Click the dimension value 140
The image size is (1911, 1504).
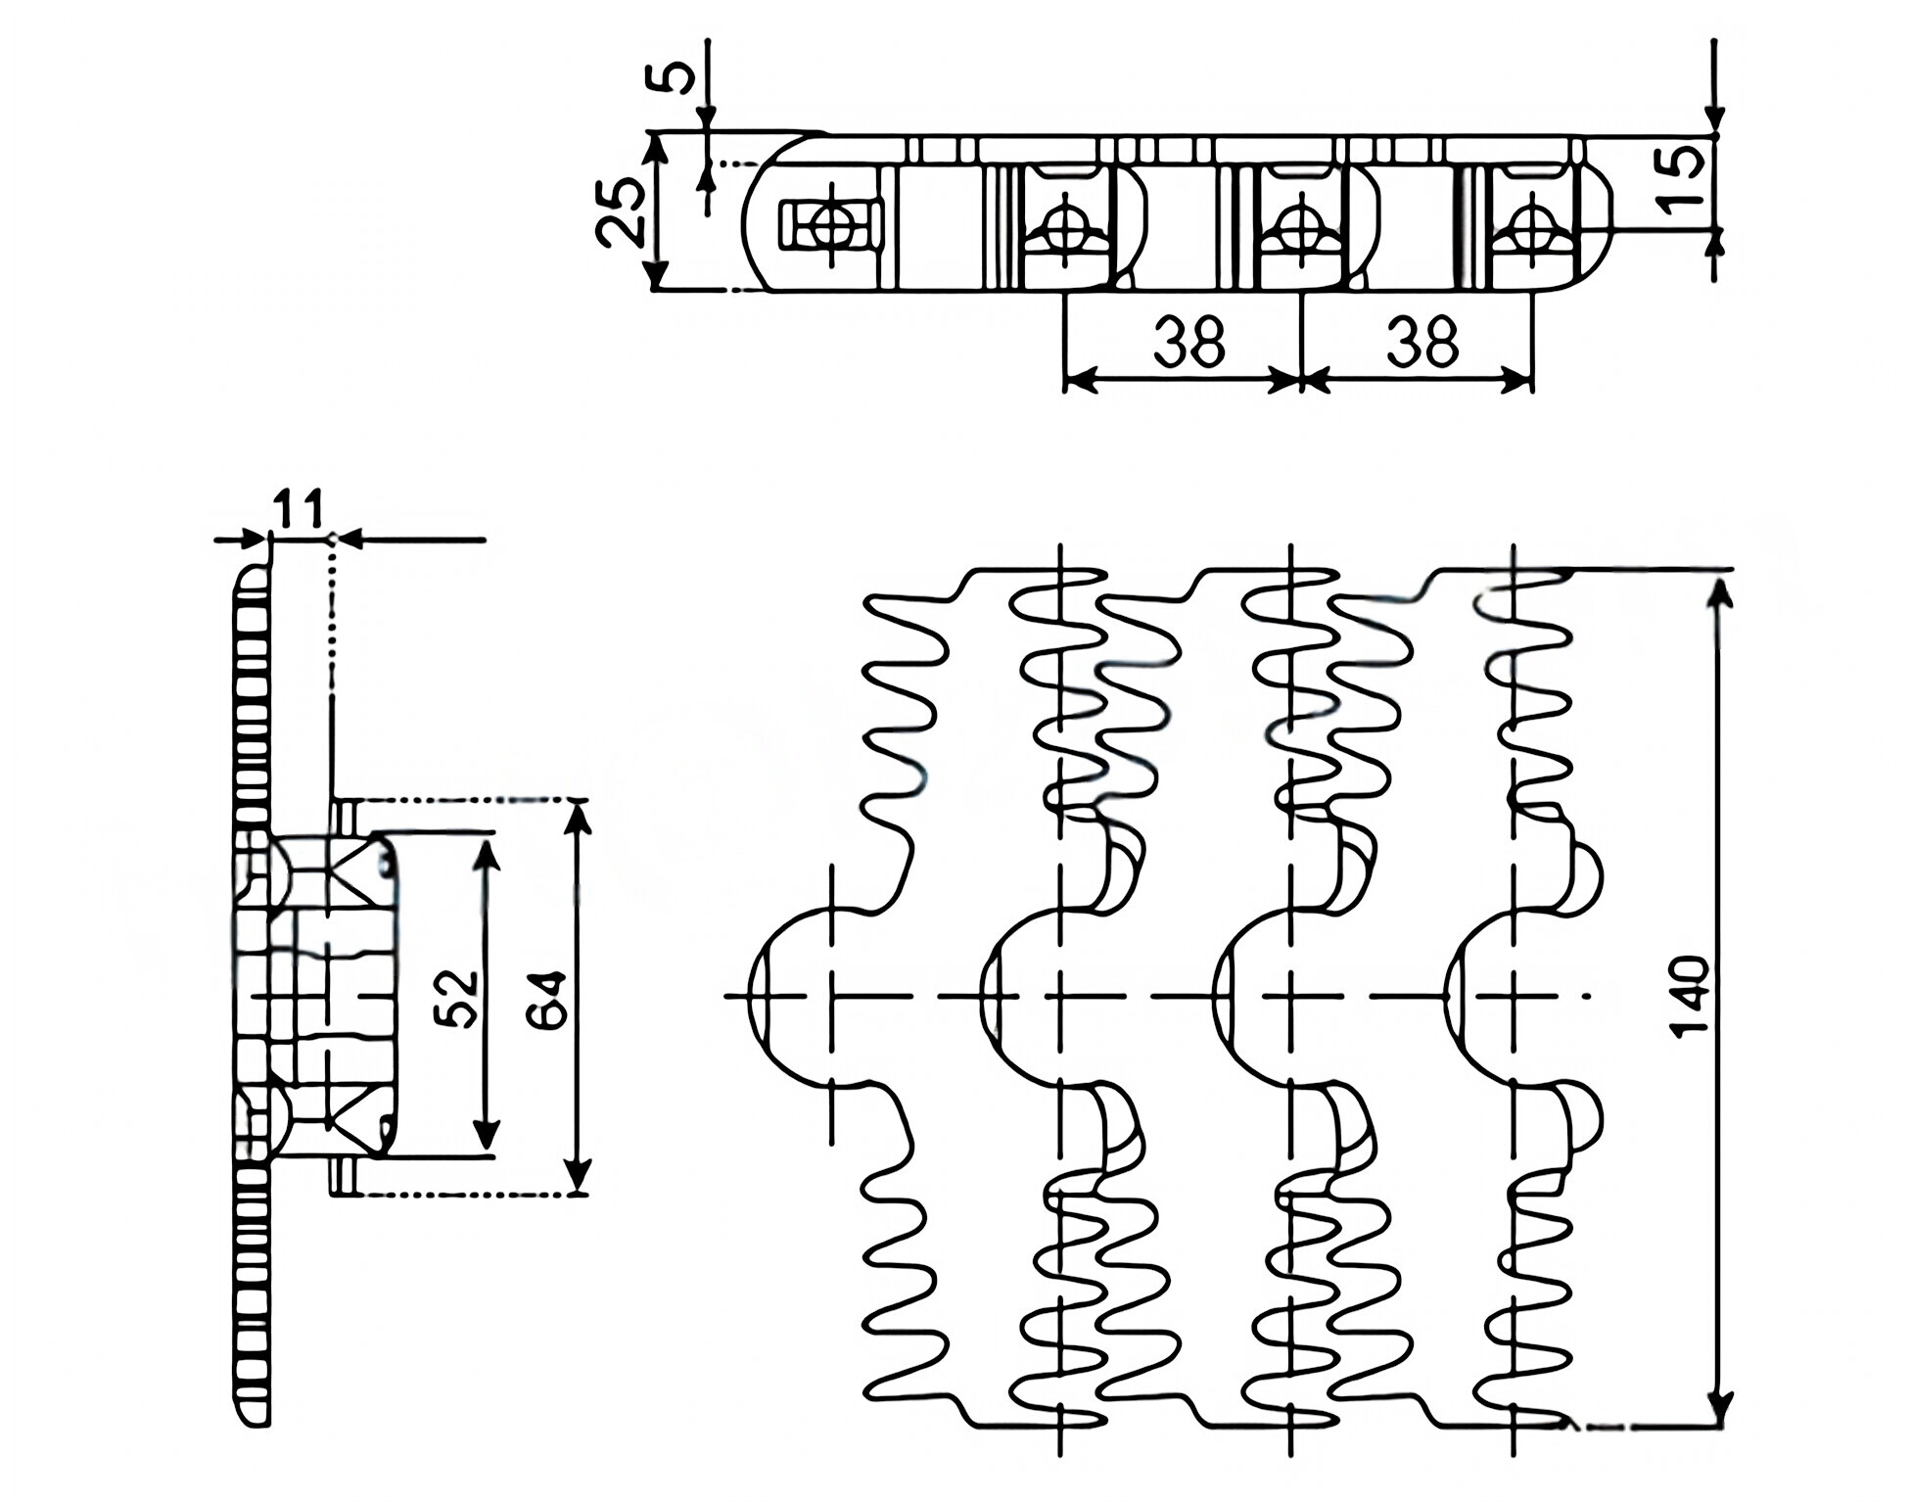tap(1690, 997)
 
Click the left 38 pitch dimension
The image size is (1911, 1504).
tap(1188, 343)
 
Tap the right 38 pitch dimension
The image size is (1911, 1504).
tap(1422, 343)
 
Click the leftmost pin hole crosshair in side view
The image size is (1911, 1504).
tap(831, 224)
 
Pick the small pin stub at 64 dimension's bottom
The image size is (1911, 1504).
tap(343, 1177)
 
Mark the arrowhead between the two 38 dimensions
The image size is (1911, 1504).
tap(1300, 380)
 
